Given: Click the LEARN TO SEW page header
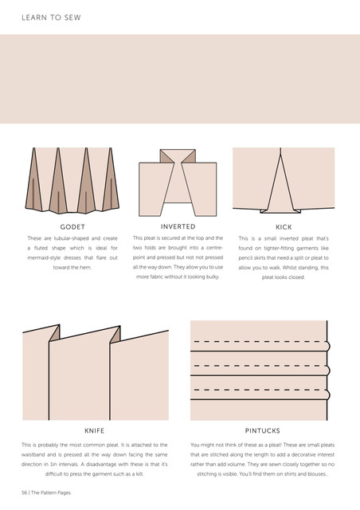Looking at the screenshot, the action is [51, 18].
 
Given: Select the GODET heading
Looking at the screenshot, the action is [72, 227].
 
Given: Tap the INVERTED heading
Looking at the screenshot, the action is [178, 226].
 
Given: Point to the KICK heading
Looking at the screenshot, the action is [284, 227].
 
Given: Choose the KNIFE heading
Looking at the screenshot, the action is [94, 431].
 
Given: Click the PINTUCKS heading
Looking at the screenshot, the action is [263, 431].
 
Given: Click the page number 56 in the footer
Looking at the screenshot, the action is [25, 492].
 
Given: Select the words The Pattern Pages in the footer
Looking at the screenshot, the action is [51, 492].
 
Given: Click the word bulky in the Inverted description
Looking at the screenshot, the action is [213, 277].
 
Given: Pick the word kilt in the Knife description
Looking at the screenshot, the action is [139, 474].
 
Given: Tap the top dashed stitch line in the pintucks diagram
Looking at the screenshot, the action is [259, 342].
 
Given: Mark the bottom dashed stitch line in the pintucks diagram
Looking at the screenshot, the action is [259, 390].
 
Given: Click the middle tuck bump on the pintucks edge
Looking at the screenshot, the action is [328, 370].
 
